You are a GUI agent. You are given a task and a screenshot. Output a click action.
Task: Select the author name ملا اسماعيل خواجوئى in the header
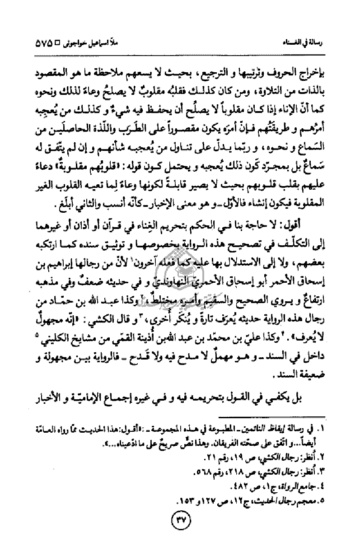(x=84, y=45)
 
